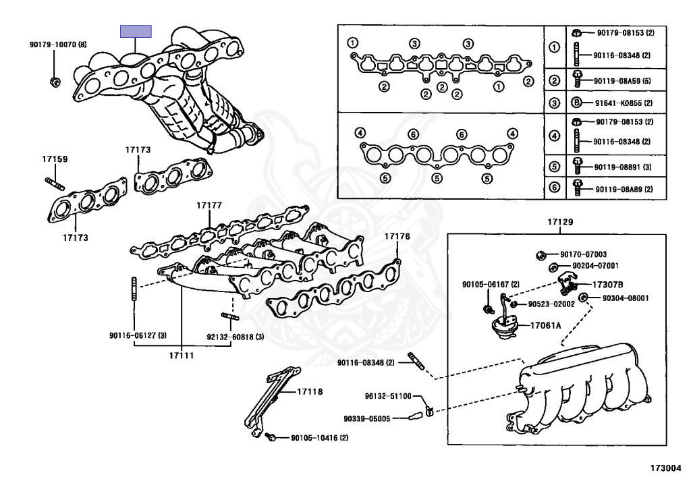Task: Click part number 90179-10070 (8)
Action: [58, 45]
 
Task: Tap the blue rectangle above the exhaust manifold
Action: [136, 31]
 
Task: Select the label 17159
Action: [55, 159]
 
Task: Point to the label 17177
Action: [209, 204]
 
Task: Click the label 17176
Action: [397, 236]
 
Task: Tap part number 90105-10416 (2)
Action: [319, 437]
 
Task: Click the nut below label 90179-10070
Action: [55, 82]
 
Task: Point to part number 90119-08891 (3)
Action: [624, 166]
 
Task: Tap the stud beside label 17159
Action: [55, 182]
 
